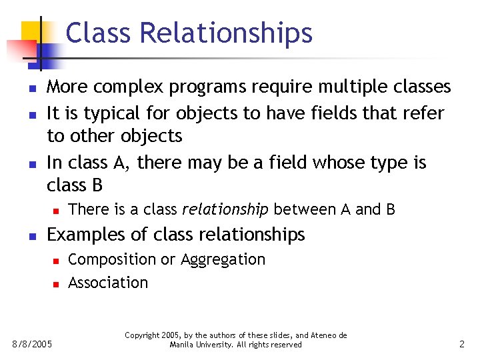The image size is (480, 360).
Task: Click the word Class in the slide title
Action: coord(93,33)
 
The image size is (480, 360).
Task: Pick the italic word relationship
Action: coord(225,210)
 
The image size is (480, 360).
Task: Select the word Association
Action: coord(108,283)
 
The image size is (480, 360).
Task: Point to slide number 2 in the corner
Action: coord(461,345)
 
